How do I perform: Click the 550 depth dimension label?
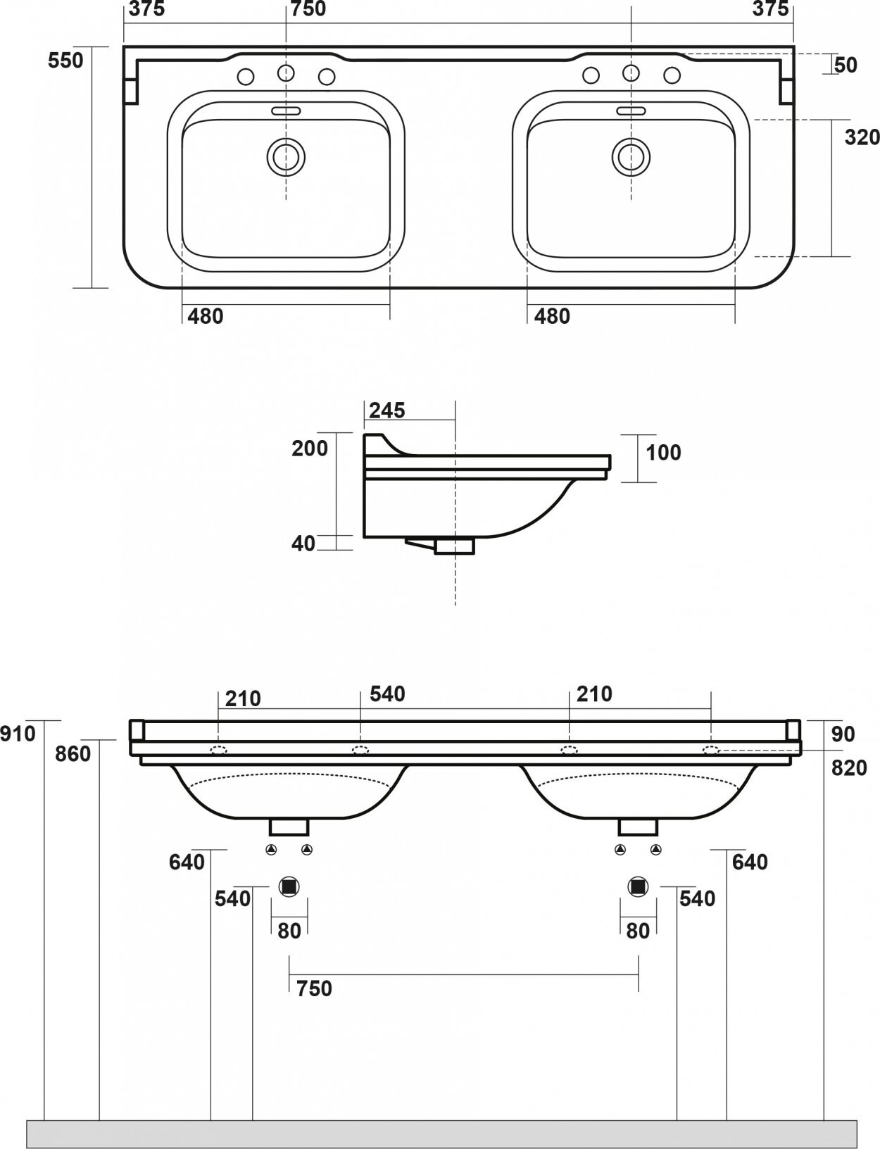click(x=65, y=61)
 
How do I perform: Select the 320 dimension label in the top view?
click(x=862, y=137)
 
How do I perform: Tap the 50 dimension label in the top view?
click(x=845, y=65)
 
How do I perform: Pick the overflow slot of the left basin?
click(x=286, y=111)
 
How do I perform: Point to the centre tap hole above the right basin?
click(x=631, y=73)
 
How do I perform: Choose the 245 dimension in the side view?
click(x=387, y=410)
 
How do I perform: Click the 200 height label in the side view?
click(x=310, y=448)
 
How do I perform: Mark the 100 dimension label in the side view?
click(x=663, y=452)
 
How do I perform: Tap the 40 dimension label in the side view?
click(x=303, y=543)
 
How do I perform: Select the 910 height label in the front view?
click(x=18, y=734)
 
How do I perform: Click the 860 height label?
click(x=73, y=753)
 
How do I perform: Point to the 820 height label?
click(x=849, y=767)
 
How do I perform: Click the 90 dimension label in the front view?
click(x=843, y=734)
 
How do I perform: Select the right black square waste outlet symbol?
click(x=638, y=886)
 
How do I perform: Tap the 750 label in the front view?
click(x=314, y=988)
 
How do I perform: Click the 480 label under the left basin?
click(x=206, y=316)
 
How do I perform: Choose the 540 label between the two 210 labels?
click(x=387, y=693)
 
